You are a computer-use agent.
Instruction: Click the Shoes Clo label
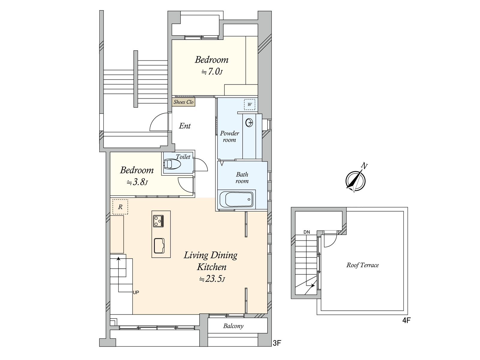pos(184,102)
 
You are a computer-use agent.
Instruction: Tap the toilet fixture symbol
pos(172,164)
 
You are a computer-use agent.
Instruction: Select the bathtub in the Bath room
pos(236,199)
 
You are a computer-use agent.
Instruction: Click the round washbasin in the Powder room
pos(249,123)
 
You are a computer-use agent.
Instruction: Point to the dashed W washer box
pos(250,104)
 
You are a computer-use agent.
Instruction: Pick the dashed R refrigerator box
pos(120,207)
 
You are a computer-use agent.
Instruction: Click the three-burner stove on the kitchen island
pos(158,221)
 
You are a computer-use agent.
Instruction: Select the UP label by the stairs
pos(136,292)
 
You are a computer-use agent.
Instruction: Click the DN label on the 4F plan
pos(307,232)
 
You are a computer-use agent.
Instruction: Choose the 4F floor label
pos(406,320)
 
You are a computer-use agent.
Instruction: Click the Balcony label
pos(233,326)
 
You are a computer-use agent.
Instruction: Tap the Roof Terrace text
pos(363,265)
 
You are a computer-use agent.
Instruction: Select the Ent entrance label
pos(185,126)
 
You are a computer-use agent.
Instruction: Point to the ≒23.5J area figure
pos(212,279)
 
